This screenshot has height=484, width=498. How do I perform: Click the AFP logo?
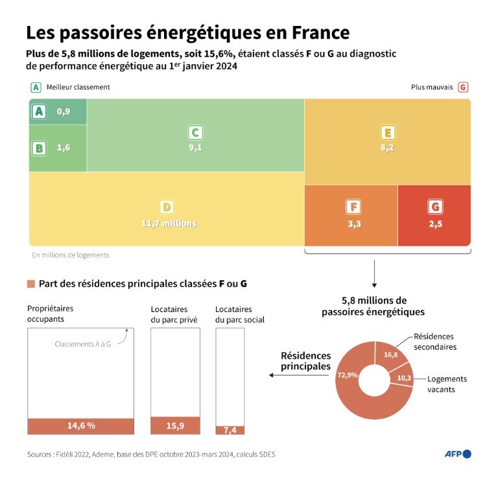(x=457, y=454)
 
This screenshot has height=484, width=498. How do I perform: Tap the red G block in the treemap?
(x=434, y=215)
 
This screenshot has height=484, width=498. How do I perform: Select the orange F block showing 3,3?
(x=351, y=215)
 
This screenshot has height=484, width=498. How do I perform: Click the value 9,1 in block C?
(x=195, y=147)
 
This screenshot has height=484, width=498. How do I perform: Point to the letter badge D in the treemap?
(x=167, y=207)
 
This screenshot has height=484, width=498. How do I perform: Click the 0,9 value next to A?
(x=64, y=112)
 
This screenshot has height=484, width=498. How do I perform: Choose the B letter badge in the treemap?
(x=39, y=148)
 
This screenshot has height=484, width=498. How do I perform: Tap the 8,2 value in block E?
(x=387, y=147)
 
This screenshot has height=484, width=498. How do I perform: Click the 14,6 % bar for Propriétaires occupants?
(x=81, y=426)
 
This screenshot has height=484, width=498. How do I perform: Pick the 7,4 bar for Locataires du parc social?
(x=230, y=430)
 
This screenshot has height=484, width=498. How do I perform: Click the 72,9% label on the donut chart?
(x=348, y=374)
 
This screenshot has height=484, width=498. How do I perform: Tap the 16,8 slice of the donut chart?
(x=391, y=355)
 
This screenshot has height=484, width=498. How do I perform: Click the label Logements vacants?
(x=447, y=384)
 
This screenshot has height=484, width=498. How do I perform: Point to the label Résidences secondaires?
(x=434, y=341)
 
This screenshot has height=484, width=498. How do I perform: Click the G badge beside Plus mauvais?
(x=462, y=87)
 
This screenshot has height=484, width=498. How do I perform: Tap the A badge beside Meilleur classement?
(x=36, y=87)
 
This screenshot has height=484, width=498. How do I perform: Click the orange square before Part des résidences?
(x=30, y=284)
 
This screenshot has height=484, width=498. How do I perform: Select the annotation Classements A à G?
(x=82, y=344)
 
